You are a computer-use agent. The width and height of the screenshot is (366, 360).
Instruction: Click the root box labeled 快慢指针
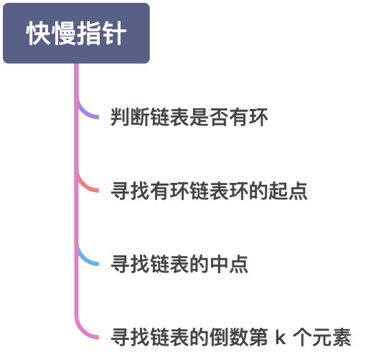coord(76,34)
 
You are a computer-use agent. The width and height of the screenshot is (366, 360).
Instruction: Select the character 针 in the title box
coord(113,34)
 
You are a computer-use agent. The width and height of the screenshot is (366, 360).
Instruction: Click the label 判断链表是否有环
coord(189,118)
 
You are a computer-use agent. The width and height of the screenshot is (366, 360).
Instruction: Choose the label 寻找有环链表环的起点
coord(209,191)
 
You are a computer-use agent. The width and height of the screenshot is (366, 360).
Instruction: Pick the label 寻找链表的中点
coord(179,265)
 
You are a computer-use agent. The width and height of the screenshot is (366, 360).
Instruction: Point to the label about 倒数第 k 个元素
coord(230,338)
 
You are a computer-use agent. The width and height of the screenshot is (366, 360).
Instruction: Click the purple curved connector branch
coord(88,113)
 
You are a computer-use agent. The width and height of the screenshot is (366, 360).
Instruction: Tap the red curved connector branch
coord(88,187)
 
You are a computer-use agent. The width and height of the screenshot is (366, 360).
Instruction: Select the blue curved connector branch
coord(88,260)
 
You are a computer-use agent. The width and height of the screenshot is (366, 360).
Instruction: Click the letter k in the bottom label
coord(280,338)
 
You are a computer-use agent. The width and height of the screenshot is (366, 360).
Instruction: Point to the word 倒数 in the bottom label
coord(229,338)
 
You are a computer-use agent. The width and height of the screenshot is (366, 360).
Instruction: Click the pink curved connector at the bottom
coord(88,333)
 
